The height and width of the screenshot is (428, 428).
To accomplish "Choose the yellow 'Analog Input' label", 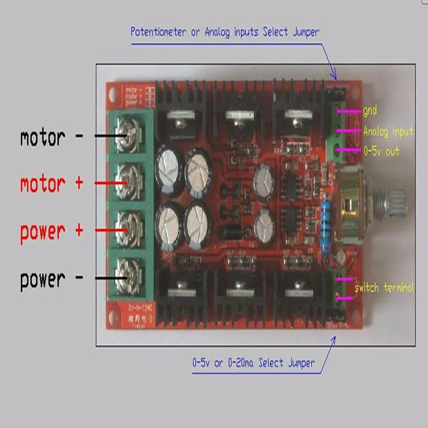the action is (x=388, y=131).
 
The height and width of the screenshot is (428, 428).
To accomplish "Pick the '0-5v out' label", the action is (x=381, y=151).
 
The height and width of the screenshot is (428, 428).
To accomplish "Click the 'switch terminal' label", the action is (x=384, y=288).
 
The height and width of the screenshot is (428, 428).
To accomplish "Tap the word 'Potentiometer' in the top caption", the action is (x=159, y=32).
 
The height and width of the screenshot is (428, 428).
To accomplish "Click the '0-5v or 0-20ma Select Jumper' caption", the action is (x=254, y=363).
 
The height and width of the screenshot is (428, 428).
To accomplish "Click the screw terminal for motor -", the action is (x=126, y=136).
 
